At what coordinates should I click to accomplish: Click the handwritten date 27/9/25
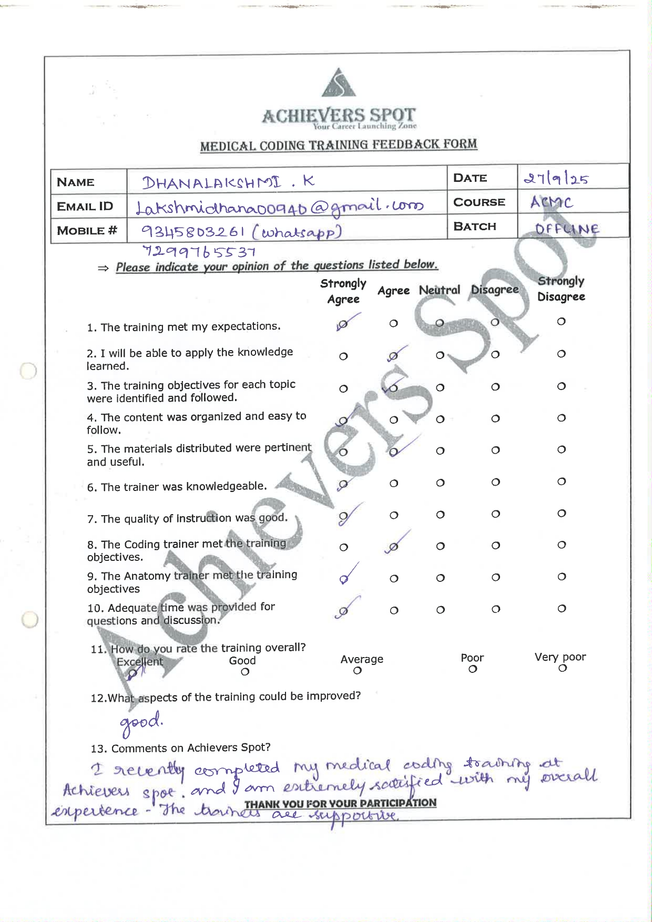(556, 179)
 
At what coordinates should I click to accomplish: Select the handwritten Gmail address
(279, 207)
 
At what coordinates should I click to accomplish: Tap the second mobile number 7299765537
(199, 252)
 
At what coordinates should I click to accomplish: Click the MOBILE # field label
(87, 231)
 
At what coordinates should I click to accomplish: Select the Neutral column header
(439, 290)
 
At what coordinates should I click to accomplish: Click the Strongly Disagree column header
(561, 289)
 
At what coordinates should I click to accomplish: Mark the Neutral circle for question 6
(440, 483)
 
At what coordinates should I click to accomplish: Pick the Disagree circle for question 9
(495, 577)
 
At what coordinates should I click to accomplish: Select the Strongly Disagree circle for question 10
(562, 608)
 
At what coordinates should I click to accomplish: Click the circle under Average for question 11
(358, 670)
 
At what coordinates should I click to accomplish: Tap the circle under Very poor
(562, 668)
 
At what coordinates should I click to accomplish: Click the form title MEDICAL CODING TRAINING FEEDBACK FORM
(339, 145)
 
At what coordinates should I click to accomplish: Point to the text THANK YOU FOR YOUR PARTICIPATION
(340, 803)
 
